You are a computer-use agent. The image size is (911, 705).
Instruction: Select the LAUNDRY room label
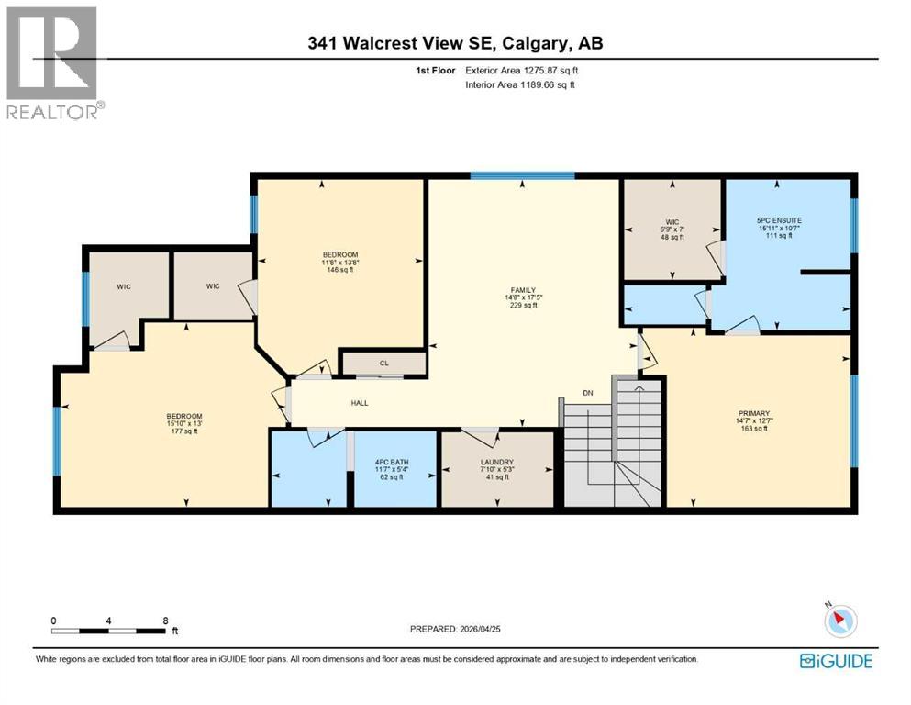coord(496,462)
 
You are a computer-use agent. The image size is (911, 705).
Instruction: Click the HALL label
coord(359,402)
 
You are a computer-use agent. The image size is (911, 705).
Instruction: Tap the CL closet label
coord(384,364)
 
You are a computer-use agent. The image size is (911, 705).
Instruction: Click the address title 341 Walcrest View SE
coord(455,43)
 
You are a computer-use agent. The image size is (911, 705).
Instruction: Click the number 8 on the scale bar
coord(165,621)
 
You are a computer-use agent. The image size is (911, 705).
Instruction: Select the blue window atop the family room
coord(522,175)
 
